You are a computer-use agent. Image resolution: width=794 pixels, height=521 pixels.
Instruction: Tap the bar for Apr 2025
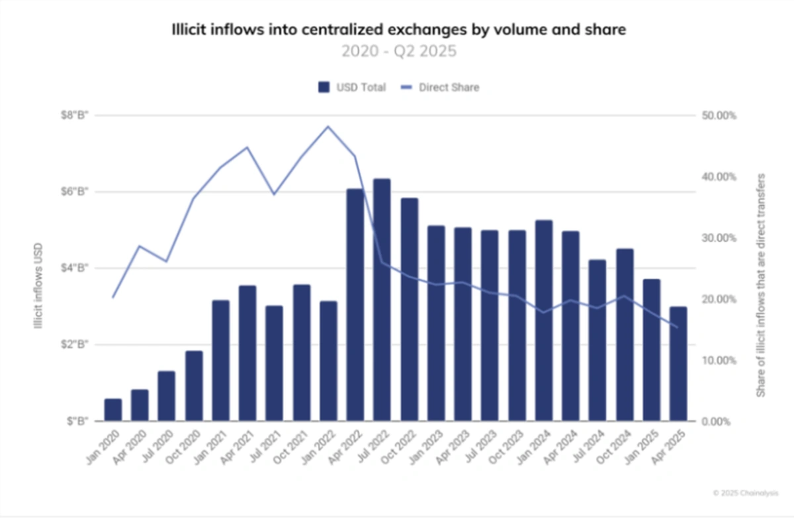(678, 364)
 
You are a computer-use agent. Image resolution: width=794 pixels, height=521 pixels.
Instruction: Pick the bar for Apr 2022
(355, 305)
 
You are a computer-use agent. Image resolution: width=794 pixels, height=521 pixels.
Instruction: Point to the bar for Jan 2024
(544, 321)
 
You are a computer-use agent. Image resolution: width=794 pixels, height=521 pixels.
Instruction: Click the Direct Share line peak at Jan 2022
(328, 126)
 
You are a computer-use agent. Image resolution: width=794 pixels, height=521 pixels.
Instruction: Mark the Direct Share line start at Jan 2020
(113, 297)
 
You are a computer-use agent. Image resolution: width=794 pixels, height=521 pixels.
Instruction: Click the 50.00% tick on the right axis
(718, 116)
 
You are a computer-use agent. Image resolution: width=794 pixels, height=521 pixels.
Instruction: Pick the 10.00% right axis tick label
(718, 360)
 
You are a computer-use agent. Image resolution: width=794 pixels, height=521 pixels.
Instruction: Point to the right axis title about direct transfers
(761, 285)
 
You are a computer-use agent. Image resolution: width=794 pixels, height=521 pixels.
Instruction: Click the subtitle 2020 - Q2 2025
(398, 51)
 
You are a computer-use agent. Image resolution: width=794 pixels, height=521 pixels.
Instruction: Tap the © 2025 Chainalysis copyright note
(746, 493)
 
